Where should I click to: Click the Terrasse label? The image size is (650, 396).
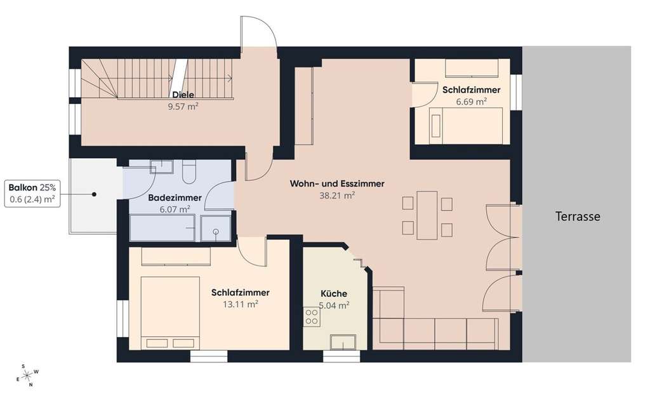(578, 216)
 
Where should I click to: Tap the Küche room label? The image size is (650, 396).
(333, 293)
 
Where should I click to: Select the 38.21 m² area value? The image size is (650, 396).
(336, 196)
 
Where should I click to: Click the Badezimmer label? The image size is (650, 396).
(175, 197)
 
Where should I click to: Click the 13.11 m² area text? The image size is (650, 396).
(240, 304)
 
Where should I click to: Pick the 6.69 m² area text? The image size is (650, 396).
(472, 101)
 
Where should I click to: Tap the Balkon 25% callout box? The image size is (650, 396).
(32, 194)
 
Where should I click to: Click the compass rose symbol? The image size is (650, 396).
(27, 375)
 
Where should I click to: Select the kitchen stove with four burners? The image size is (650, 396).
(312, 316)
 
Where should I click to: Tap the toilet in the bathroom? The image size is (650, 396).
(189, 171)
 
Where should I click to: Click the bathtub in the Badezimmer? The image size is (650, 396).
(162, 228)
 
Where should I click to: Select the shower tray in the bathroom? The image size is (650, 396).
(216, 228)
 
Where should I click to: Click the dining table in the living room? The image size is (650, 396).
(427, 215)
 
